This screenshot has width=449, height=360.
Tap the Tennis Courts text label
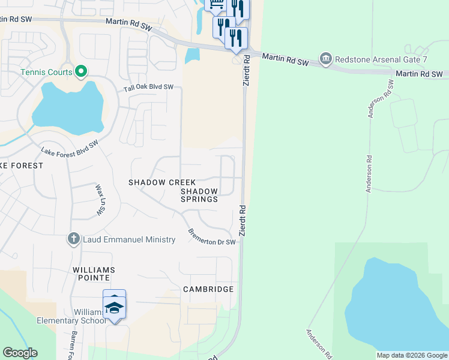pyautogui.click(x=47, y=72)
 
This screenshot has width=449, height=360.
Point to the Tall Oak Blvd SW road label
pyautogui.click(x=148, y=88)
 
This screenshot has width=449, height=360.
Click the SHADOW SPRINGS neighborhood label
pyautogui.click(x=199, y=195)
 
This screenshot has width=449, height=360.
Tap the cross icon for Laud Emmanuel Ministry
pyautogui.click(x=73, y=239)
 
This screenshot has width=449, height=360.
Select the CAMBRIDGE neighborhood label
pyautogui.click(x=208, y=289)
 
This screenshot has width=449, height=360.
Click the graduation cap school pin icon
pyautogui.click(x=114, y=307)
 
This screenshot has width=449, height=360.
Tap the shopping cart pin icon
pyautogui.click(x=215, y=5)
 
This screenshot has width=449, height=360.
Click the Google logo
pyautogui.click(x=20, y=353)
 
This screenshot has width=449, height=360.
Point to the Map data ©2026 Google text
pyautogui.click(x=412, y=355)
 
